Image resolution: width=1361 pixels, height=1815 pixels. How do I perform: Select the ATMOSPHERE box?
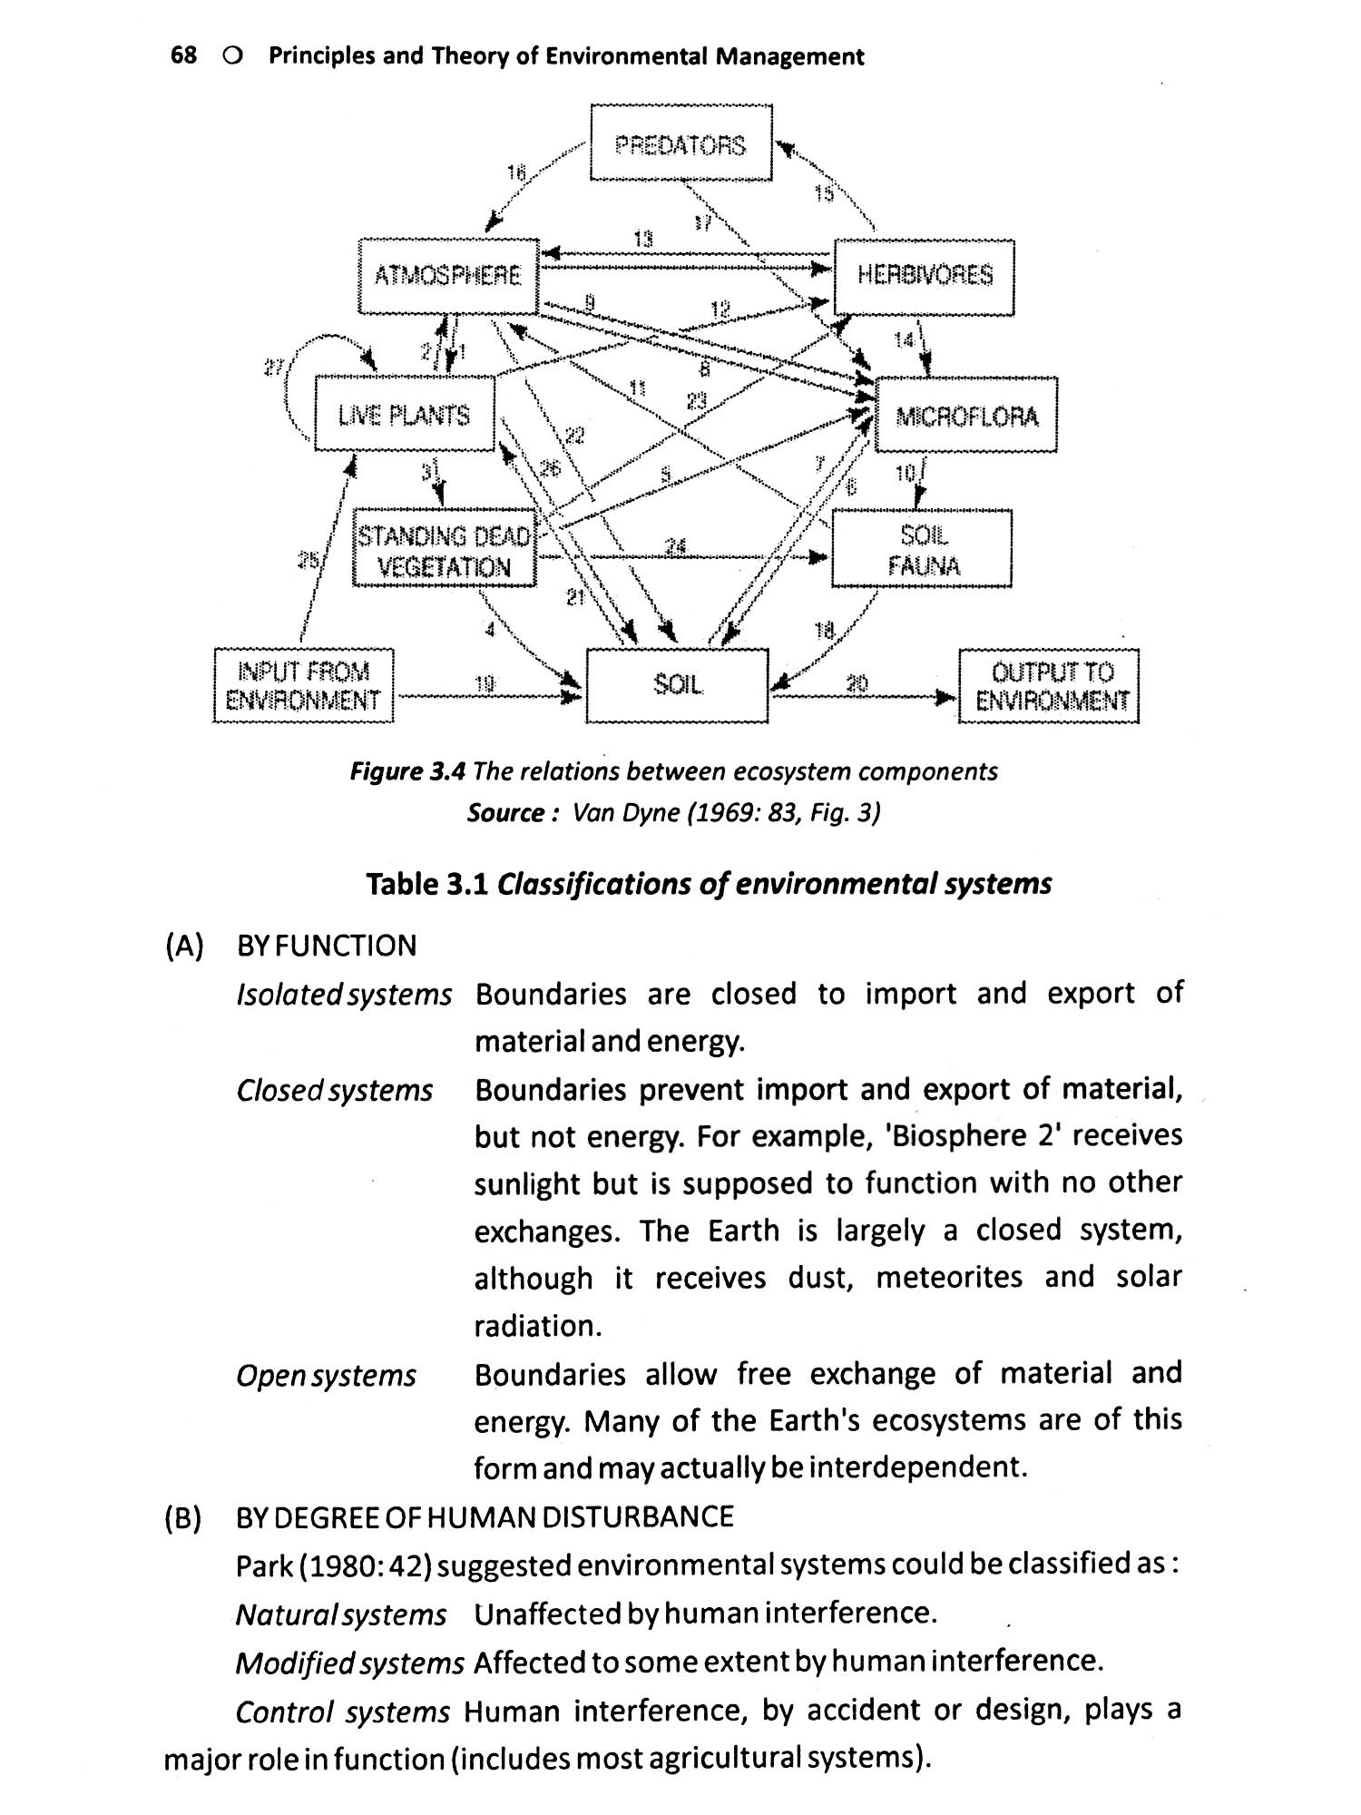[x=448, y=275]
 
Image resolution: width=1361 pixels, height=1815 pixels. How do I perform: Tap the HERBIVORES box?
[x=924, y=275]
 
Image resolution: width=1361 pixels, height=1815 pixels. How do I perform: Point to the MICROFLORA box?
[x=966, y=416]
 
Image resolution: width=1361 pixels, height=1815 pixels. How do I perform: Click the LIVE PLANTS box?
[x=405, y=416]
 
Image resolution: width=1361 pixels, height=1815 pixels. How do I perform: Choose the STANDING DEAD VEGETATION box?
[x=445, y=551]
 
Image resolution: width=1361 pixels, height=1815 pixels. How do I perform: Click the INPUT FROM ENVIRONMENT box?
[x=303, y=686]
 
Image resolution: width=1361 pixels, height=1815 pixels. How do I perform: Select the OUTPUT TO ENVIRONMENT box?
[x=1050, y=686]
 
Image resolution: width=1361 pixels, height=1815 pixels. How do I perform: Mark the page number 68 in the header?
[x=183, y=56]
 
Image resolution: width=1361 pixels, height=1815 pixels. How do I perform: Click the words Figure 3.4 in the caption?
[x=407, y=771]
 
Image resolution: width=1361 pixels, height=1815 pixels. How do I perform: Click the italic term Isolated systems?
[x=344, y=996]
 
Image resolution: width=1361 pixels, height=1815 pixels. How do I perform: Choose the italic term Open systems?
[x=326, y=1376]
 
